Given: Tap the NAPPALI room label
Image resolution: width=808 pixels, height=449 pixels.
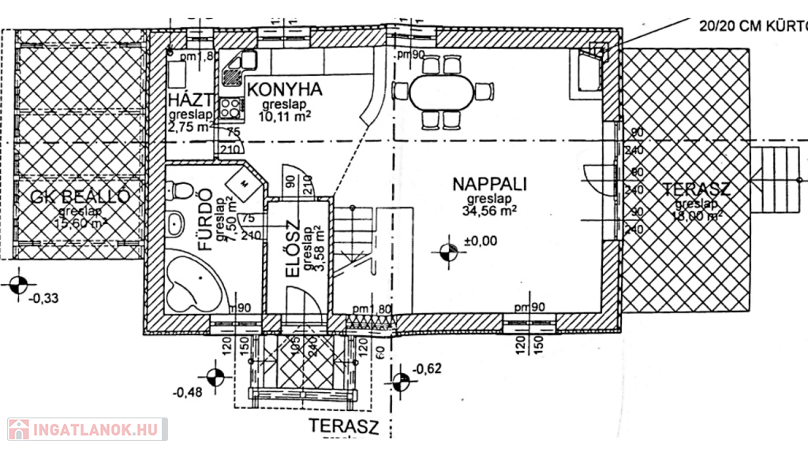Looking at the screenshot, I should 489,184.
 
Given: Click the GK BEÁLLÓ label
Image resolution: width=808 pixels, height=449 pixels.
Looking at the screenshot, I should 77,197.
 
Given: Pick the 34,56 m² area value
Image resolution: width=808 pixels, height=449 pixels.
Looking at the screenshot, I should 490,211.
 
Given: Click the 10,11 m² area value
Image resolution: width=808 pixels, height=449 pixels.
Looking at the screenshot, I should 284,116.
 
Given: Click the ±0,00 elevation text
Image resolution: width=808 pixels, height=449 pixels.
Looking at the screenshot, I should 481,242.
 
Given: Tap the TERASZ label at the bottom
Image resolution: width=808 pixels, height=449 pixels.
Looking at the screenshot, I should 344,428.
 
